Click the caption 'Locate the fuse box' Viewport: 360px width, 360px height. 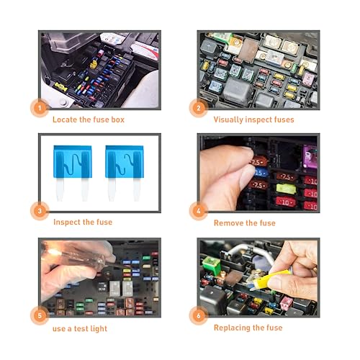pos(88,120)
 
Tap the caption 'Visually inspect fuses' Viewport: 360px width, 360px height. pos(253,120)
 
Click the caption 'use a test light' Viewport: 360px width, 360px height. pos(81,327)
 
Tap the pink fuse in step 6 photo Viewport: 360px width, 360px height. pos(287,302)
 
